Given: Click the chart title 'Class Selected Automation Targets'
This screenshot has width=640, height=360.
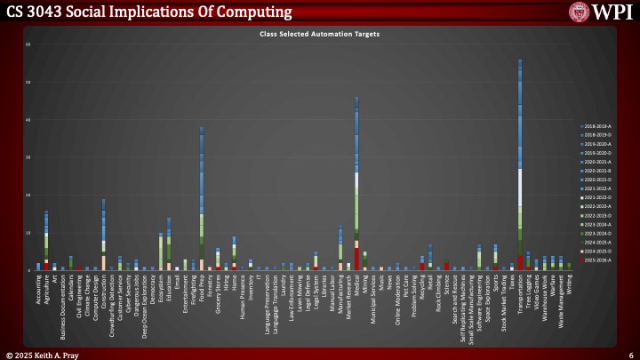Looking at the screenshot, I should pos(319,33).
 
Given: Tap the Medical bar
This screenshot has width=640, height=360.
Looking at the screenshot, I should pos(356,187).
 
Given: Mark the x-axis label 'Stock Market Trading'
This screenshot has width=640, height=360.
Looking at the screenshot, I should pos(503,302).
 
